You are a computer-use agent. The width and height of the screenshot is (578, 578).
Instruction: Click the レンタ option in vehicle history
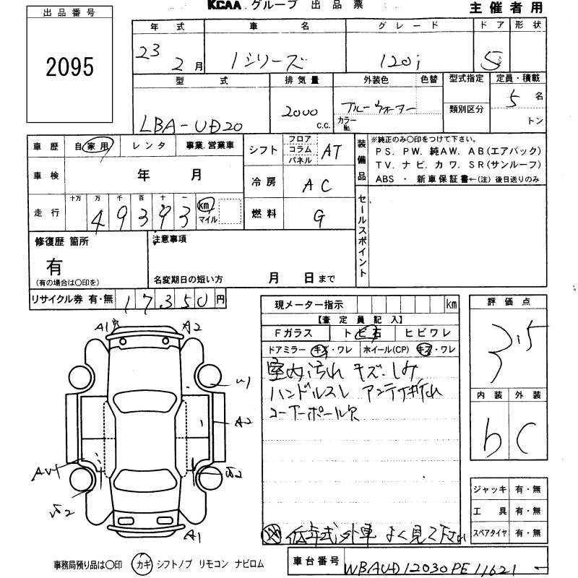coord(151,145)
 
